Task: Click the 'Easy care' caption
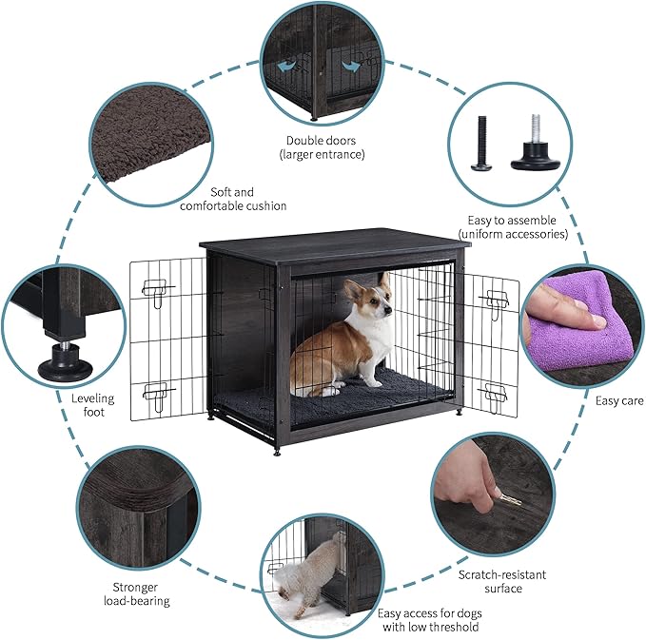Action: pyautogui.click(x=619, y=400)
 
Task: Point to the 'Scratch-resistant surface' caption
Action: pyautogui.click(x=502, y=581)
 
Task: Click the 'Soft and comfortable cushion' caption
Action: pyautogui.click(x=232, y=199)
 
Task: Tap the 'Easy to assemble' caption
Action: pyautogui.click(x=513, y=226)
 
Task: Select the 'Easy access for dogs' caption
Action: pyautogui.click(x=429, y=620)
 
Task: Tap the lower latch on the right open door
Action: pyautogui.click(x=494, y=391)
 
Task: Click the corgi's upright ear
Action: pyautogui.click(x=384, y=281)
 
